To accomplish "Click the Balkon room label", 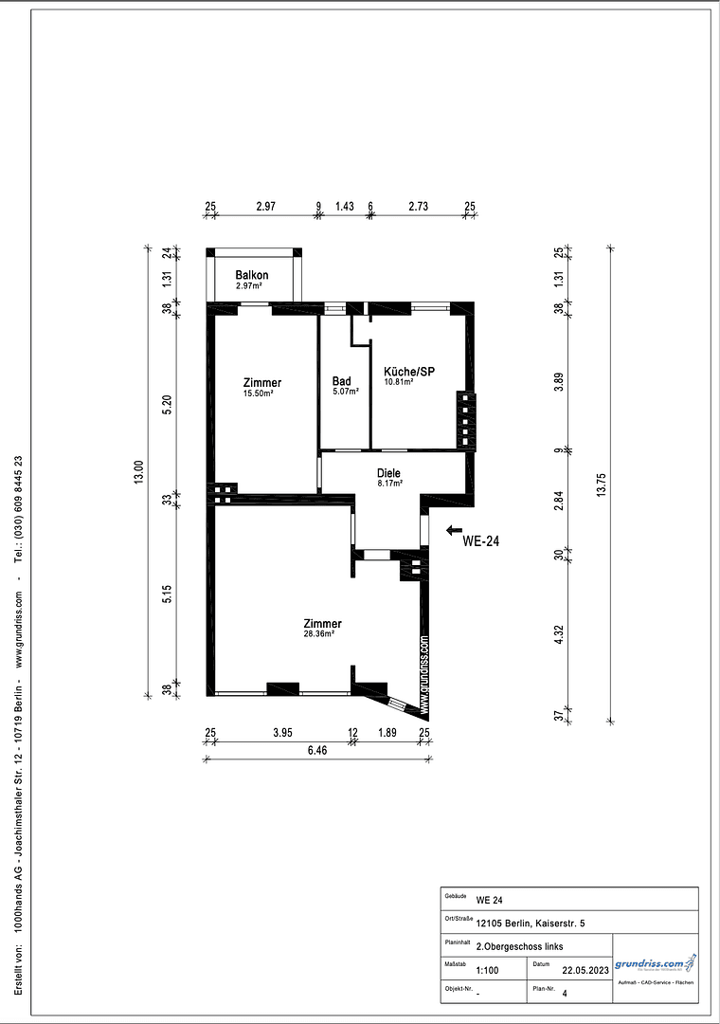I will [x=251, y=275].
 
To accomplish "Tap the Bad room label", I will [x=341, y=380].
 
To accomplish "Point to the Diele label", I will [x=388, y=472].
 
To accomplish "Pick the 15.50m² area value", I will [x=258, y=393].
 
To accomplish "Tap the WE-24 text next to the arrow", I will [x=480, y=541].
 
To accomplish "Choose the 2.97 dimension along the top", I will [x=265, y=207].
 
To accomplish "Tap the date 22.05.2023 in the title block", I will [x=583, y=971].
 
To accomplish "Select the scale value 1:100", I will [x=487, y=971].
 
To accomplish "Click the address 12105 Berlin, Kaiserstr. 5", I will [x=531, y=923].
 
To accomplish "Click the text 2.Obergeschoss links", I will [x=518, y=946].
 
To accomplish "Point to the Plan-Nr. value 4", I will [x=564, y=995].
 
